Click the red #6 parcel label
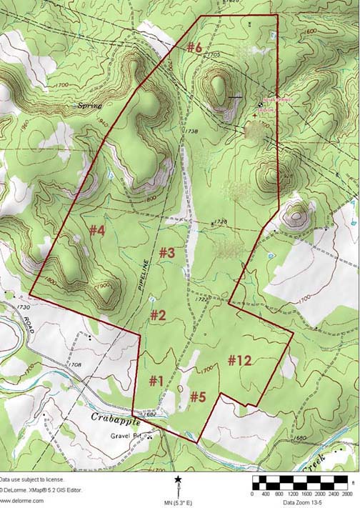195,48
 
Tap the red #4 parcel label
97,230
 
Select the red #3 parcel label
167,252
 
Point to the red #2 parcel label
158,314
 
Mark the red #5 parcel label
199,397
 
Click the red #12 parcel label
240,361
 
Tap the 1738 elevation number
190,131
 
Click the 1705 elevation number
216,54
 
